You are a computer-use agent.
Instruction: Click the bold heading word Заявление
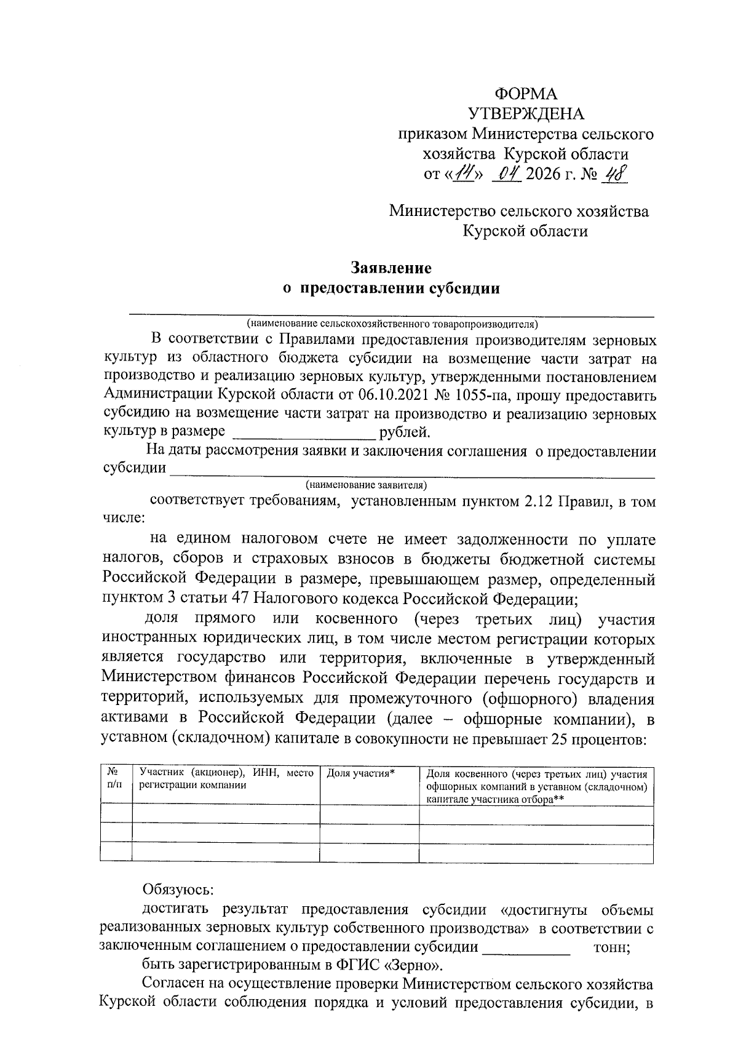point(391,268)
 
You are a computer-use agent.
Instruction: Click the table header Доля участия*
point(360,773)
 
